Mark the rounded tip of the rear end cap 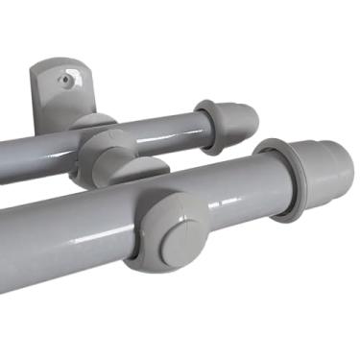pos(252,116)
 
